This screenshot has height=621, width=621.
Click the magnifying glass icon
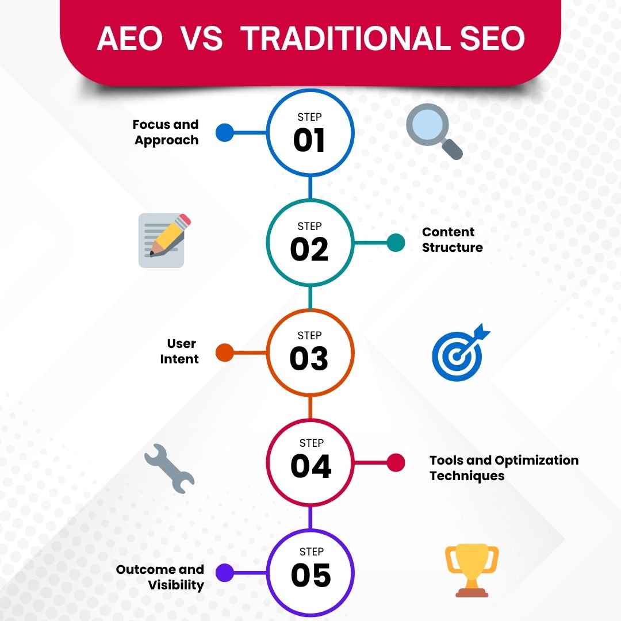(432, 133)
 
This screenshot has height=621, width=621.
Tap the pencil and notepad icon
(163, 240)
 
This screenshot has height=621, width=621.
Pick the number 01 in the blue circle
(309, 141)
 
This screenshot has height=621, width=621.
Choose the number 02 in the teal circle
(309, 250)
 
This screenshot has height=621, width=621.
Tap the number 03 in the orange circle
(309, 359)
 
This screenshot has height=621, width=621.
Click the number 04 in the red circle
(310, 466)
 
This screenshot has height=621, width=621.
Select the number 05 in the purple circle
(310, 575)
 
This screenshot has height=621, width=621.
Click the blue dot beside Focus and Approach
(225, 133)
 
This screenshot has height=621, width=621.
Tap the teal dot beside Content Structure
(396, 242)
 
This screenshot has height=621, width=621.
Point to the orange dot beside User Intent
(225, 352)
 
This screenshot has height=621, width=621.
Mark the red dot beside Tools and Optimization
(396, 462)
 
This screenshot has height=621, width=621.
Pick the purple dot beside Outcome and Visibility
(225, 572)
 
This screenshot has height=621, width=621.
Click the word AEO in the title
(129, 39)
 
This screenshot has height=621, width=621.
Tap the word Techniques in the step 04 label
(467, 476)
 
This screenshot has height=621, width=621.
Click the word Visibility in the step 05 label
(176, 585)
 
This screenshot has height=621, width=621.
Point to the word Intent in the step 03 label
(180, 359)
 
